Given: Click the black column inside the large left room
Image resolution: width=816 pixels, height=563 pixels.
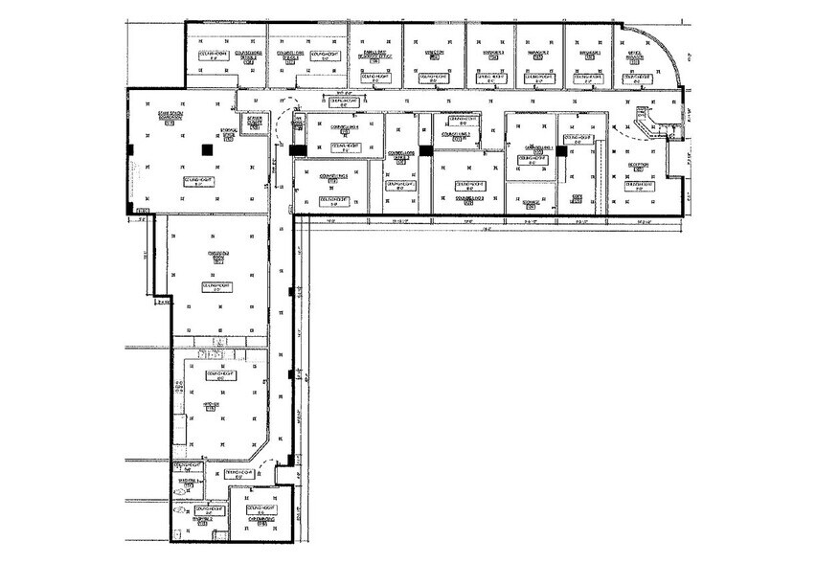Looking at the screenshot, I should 205,148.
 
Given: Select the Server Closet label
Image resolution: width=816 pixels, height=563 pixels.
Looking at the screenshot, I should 256,122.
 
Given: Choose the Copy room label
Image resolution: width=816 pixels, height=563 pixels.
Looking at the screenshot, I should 578,198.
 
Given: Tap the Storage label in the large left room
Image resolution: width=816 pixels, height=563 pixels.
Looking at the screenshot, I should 229,133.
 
